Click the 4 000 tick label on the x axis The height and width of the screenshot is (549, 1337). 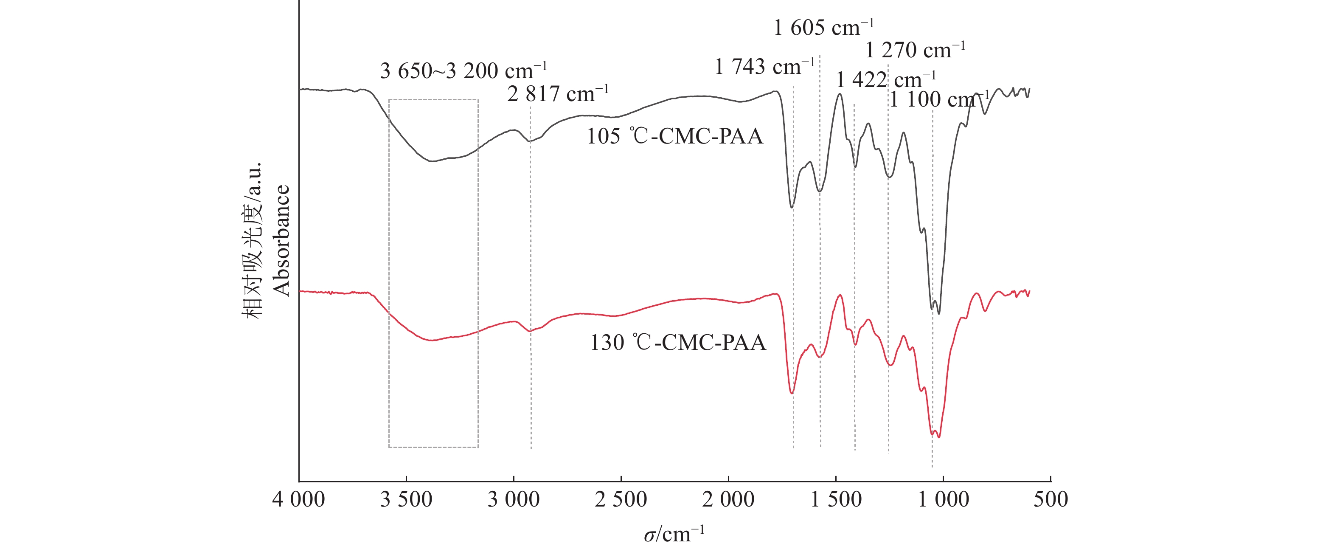pyautogui.click(x=298, y=500)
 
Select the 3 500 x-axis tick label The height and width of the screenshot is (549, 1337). pyautogui.click(x=406, y=500)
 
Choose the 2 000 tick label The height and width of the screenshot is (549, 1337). pyautogui.click(x=728, y=500)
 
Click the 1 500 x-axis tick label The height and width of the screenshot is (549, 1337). pyautogui.click(x=836, y=500)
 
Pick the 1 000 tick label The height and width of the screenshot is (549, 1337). pyautogui.click(x=943, y=500)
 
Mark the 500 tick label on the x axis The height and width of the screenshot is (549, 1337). pyautogui.click(x=1050, y=500)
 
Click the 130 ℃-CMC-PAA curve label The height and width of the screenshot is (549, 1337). pyautogui.click(x=678, y=343)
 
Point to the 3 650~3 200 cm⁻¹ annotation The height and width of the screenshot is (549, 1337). pyautogui.click(x=463, y=70)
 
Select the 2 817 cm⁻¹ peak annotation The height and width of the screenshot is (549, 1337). pyautogui.click(x=557, y=94)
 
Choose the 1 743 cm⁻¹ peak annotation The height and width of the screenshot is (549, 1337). pyautogui.click(x=764, y=67)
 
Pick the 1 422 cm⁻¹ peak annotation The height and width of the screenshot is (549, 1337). pyautogui.click(x=886, y=80)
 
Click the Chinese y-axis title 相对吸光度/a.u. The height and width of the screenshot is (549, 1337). pyautogui.click(x=253, y=240)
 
